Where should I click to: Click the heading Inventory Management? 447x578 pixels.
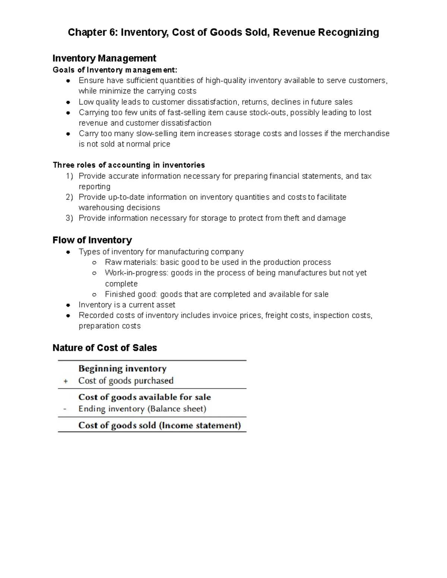click(104, 58)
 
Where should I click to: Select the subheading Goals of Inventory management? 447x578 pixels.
click(115, 70)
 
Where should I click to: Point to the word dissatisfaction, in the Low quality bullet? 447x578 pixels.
click(213, 102)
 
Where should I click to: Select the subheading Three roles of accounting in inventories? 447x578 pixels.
click(129, 165)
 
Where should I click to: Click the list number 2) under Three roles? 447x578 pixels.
click(70, 197)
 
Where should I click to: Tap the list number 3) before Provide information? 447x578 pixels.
click(70, 218)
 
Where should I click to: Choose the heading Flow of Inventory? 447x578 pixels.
click(92, 240)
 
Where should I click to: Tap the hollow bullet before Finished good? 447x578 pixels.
click(95, 294)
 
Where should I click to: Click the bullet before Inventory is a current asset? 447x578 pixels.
click(68, 305)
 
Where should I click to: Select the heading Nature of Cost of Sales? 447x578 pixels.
click(105, 348)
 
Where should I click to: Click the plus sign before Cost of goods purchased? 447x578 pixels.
click(66, 381)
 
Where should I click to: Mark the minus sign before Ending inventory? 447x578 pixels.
click(65, 409)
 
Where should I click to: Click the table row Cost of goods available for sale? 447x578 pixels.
click(145, 397)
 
